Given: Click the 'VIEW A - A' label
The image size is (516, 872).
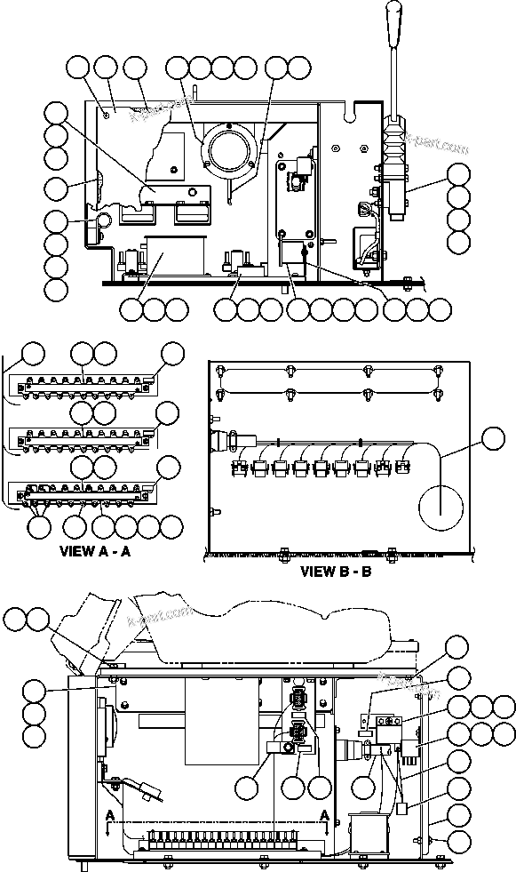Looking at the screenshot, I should pyautogui.click(x=95, y=551).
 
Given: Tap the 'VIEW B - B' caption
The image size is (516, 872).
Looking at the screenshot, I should pyautogui.click(x=336, y=571).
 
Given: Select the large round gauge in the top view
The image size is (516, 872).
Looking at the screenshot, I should pyautogui.click(x=228, y=146).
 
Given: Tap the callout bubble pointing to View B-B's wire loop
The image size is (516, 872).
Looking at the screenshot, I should pyautogui.click(x=493, y=436).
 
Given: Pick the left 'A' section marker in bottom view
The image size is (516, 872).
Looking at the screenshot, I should pyautogui.click(x=109, y=814).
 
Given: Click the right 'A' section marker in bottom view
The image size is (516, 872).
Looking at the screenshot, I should pyautogui.click(x=325, y=814).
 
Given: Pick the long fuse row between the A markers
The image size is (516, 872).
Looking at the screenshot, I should pyautogui.click(x=218, y=838).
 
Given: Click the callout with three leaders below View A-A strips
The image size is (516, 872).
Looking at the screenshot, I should pyautogui.click(x=40, y=526).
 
